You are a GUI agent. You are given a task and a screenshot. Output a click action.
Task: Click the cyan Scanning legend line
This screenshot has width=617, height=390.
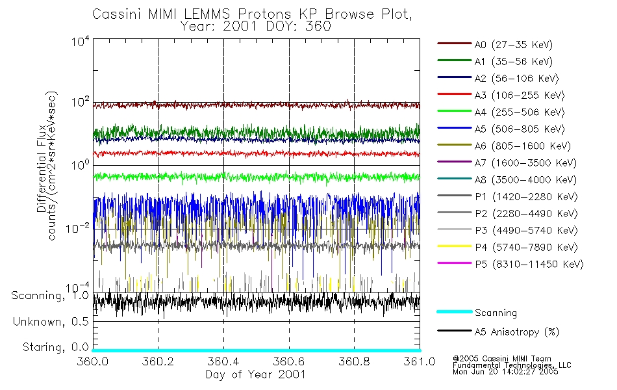click(454, 313)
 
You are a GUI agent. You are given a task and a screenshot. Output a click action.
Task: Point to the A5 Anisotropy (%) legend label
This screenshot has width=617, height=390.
click(516, 331)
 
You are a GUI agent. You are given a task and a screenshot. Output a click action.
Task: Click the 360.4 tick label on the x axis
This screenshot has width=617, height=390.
click(223, 362)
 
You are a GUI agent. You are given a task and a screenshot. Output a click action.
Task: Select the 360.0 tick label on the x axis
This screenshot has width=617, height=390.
click(93, 362)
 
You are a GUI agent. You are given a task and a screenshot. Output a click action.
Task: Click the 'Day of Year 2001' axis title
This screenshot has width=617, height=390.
click(255, 374)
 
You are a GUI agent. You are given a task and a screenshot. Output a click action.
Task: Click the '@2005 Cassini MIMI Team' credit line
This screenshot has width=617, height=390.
click(502, 358)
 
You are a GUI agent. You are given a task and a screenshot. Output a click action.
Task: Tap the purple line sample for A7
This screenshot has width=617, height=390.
click(454, 162)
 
